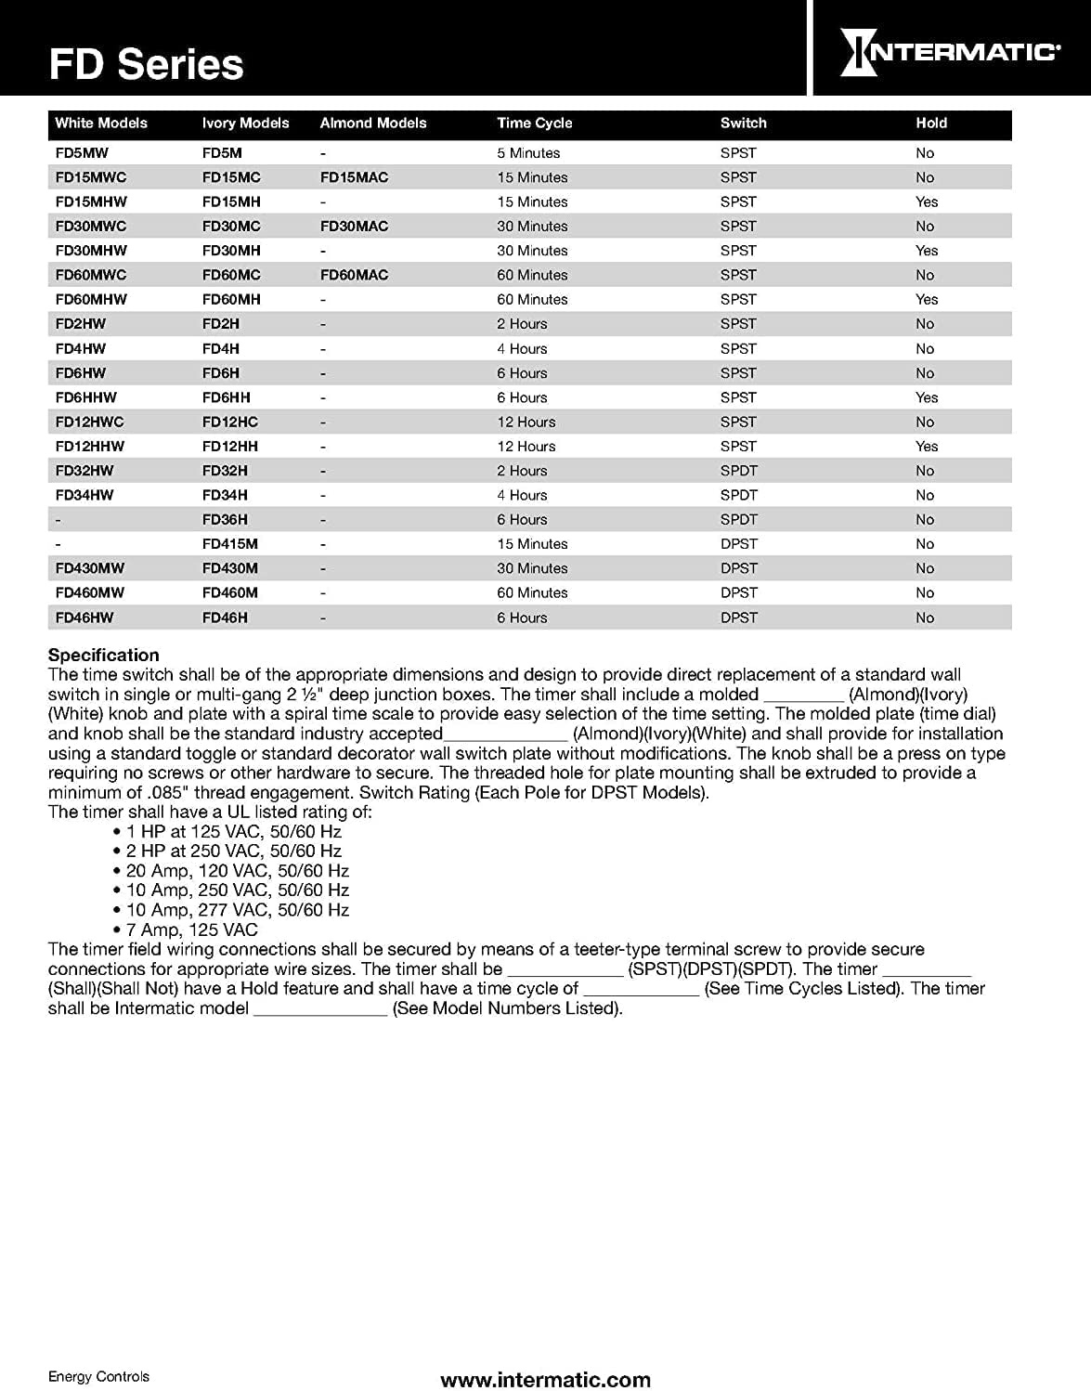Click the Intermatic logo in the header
949,52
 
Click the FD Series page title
146,65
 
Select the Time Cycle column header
534,123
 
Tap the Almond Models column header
372,123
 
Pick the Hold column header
930,123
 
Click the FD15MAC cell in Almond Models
354,177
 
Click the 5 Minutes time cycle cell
527,153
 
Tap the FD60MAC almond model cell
354,275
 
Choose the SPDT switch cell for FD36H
738,520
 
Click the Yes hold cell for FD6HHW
926,397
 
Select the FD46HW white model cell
84,617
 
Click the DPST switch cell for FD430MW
738,568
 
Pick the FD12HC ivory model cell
229,422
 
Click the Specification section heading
103,655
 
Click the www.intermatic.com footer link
545,1380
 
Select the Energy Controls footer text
98,1376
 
